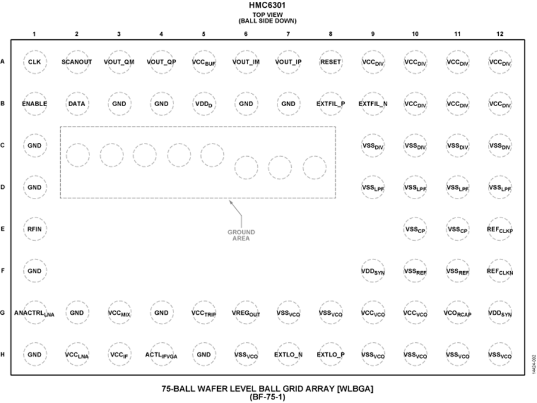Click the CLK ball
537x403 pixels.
[x=34, y=62]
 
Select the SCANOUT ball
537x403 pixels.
[x=77, y=62]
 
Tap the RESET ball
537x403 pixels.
[x=331, y=62]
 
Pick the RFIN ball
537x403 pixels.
[x=34, y=229]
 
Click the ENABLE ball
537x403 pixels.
[x=34, y=104]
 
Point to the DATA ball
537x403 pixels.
[x=77, y=104]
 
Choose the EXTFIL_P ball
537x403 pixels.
[x=331, y=104]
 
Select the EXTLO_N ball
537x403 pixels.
[x=288, y=355]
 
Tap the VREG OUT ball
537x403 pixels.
[x=246, y=313]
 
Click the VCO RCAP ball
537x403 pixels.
[x=458, y=313]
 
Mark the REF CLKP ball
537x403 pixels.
[x=499, y=229]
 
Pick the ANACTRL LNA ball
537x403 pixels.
[x=34, y=313]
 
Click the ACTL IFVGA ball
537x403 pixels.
[x=161, y=355]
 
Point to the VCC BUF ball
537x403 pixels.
[x=204, y=62]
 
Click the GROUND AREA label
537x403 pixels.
[x=241, y=235]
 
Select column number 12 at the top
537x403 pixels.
[x=499, y=34]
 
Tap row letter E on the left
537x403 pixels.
[x=3, y=229]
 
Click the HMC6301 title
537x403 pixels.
[x=267, y=5]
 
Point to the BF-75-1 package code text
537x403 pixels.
[x=267, y=397]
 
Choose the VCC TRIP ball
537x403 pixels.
[x=204, y=313]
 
